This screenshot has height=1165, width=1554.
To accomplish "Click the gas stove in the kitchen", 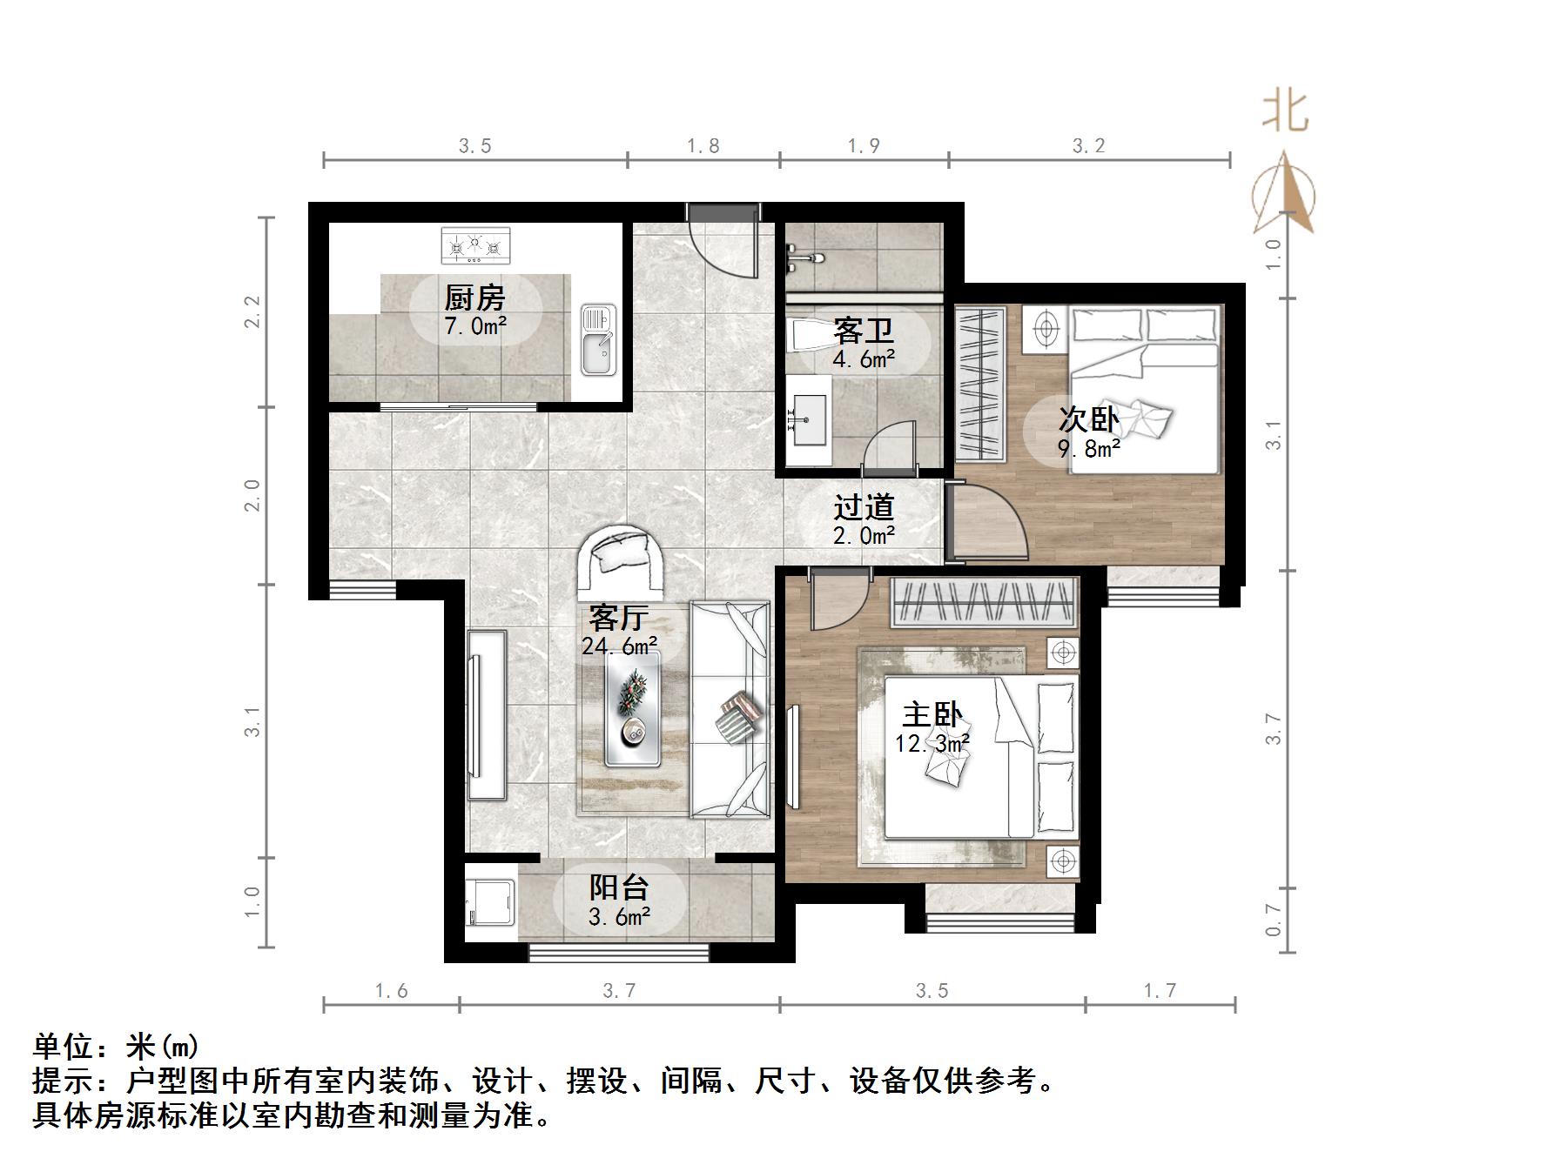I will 474,246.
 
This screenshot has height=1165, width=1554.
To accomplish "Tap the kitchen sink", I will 598,339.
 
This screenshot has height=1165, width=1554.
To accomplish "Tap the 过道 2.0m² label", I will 864,520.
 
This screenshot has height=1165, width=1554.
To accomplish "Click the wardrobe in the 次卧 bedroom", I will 981,384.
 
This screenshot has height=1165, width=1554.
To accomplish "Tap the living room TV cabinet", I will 486,714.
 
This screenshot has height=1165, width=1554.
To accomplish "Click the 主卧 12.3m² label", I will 932,727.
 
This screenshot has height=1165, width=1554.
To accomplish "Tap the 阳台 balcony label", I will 619,899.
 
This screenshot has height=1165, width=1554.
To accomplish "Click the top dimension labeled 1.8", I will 703,146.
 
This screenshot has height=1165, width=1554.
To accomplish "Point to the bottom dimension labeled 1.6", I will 391,991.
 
